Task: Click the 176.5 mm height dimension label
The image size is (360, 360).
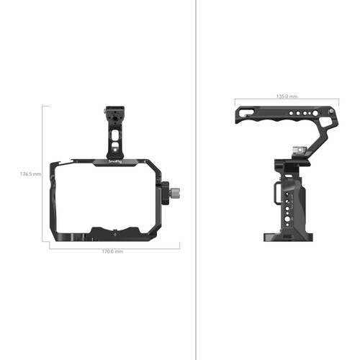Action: (30, 174)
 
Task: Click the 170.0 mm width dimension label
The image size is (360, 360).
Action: (112, 251)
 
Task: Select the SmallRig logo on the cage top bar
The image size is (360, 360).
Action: (114, 162)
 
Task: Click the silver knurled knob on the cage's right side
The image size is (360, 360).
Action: (176, 192)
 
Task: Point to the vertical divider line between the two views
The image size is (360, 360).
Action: (196, 180)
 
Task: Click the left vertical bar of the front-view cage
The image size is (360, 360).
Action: (56, 202)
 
